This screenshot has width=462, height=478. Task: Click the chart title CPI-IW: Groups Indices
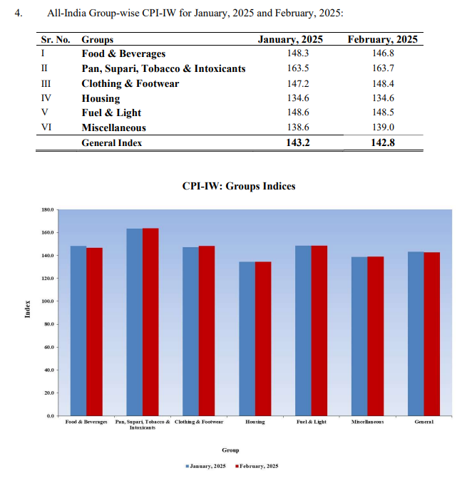pos(238,187)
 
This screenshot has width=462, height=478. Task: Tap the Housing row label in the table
pos(101,98)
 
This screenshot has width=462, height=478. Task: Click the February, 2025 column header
pos(382,40)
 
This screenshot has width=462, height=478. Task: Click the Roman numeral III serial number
pos(46,83)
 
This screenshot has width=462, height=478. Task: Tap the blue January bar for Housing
pos(247,338)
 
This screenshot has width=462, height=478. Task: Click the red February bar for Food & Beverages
pos(95,331)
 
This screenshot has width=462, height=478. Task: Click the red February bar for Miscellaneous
pos(375,336)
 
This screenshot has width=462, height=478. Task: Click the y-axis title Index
pos(27,311)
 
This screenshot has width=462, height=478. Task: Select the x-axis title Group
pos(230,450)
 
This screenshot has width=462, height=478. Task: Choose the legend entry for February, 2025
pos(257,466)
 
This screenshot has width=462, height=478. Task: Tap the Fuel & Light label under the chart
pos(311,422)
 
